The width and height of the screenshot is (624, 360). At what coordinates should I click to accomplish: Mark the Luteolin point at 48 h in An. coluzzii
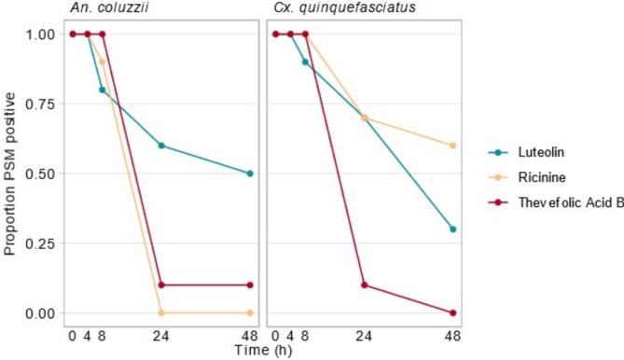pos(250,173)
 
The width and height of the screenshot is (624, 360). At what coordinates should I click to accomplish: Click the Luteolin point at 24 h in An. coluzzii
pos(161,145)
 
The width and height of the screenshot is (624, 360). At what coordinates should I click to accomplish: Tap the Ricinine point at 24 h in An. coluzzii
pos(161,312)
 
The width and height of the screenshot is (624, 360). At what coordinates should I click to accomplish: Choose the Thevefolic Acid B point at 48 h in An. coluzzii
pos(250,284)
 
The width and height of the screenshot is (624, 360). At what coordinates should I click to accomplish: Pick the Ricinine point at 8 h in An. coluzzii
pos(103,62)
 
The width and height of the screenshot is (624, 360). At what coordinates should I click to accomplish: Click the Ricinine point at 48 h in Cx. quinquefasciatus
pos(453,145)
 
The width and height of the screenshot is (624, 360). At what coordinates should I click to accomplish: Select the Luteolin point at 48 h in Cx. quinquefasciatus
pos(453,228)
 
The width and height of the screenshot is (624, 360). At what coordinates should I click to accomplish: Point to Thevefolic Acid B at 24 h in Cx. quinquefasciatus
pos(365,284)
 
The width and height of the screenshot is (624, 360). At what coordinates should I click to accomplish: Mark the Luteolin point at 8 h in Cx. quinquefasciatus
pos(305,62)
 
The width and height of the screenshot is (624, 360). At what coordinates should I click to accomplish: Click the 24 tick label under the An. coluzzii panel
pos(161,333)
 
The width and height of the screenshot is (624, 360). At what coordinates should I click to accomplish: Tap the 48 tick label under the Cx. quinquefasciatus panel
pos(453,333)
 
